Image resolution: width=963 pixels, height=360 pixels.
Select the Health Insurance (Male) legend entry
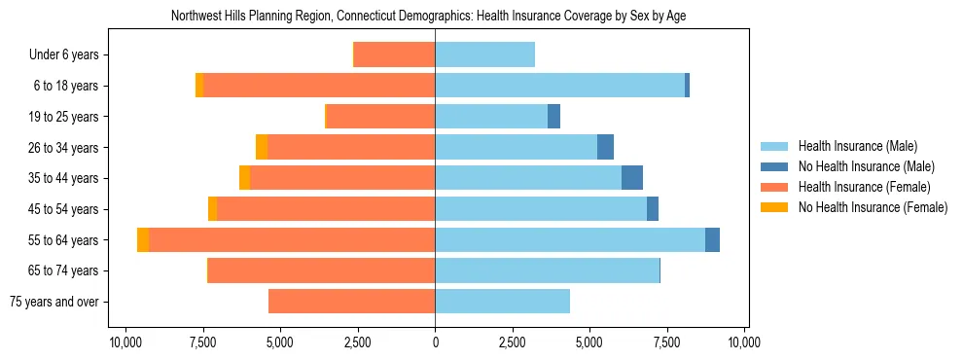click(857, 146)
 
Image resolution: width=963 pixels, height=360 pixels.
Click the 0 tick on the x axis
click(435, 342)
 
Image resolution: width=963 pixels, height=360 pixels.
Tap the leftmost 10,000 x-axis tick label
click(125, 342)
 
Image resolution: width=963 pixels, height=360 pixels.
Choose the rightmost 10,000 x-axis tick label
click(744, 342)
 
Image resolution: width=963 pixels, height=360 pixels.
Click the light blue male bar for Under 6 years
click(484, 55)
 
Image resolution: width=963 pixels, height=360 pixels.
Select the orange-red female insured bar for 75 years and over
click(351, 302)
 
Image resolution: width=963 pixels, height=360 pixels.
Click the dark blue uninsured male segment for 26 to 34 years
click(605, 148)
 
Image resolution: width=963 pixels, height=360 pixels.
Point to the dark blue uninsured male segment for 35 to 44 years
click(632, 178)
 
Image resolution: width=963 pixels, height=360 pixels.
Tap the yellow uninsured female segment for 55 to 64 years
click(143, 240)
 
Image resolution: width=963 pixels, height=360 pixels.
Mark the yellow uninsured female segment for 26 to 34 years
click(262, 148)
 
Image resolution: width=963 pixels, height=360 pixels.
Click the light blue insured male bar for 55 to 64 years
click(570, 240)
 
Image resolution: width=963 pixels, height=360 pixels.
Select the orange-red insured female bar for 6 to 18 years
click(319, 86)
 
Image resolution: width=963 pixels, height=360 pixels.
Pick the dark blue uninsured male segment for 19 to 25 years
click(553, 117)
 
